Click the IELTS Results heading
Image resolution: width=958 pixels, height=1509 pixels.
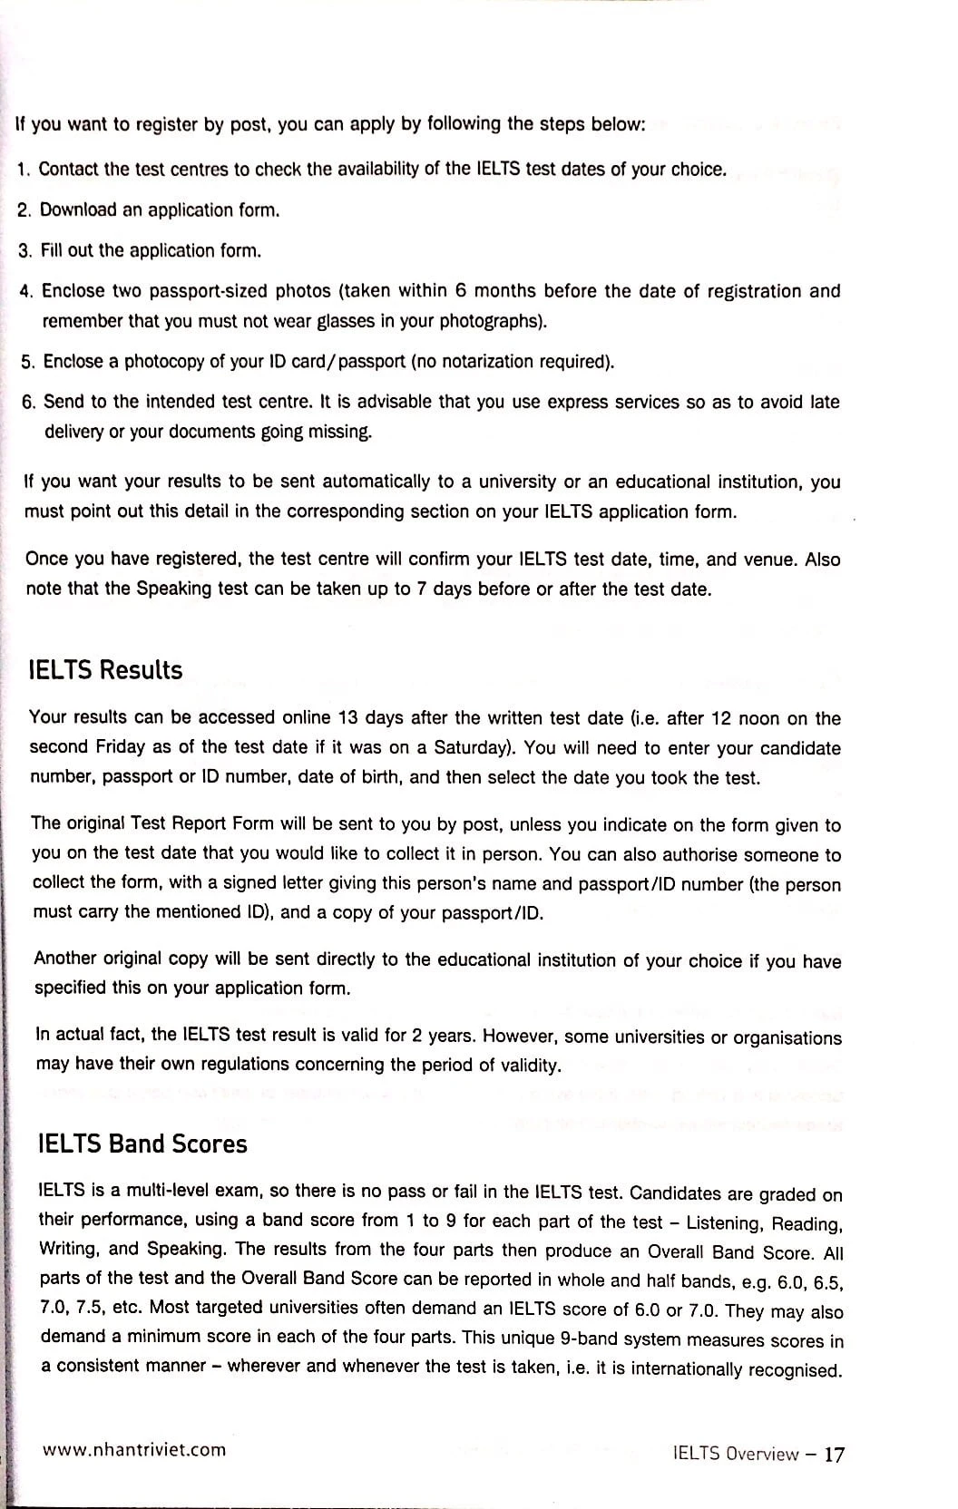(105, 670)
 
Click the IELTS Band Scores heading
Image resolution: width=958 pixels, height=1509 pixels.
(142, 1144)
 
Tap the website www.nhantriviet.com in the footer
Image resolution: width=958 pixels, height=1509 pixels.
(134, 1449)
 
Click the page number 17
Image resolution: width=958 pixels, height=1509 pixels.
(835, 1455)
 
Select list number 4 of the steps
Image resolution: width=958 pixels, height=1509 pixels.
(26, 292)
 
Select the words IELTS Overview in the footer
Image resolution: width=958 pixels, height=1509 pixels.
(736, 1454)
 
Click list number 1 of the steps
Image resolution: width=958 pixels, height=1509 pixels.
(24, 170)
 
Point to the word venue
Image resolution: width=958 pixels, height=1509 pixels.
(770, 559)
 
